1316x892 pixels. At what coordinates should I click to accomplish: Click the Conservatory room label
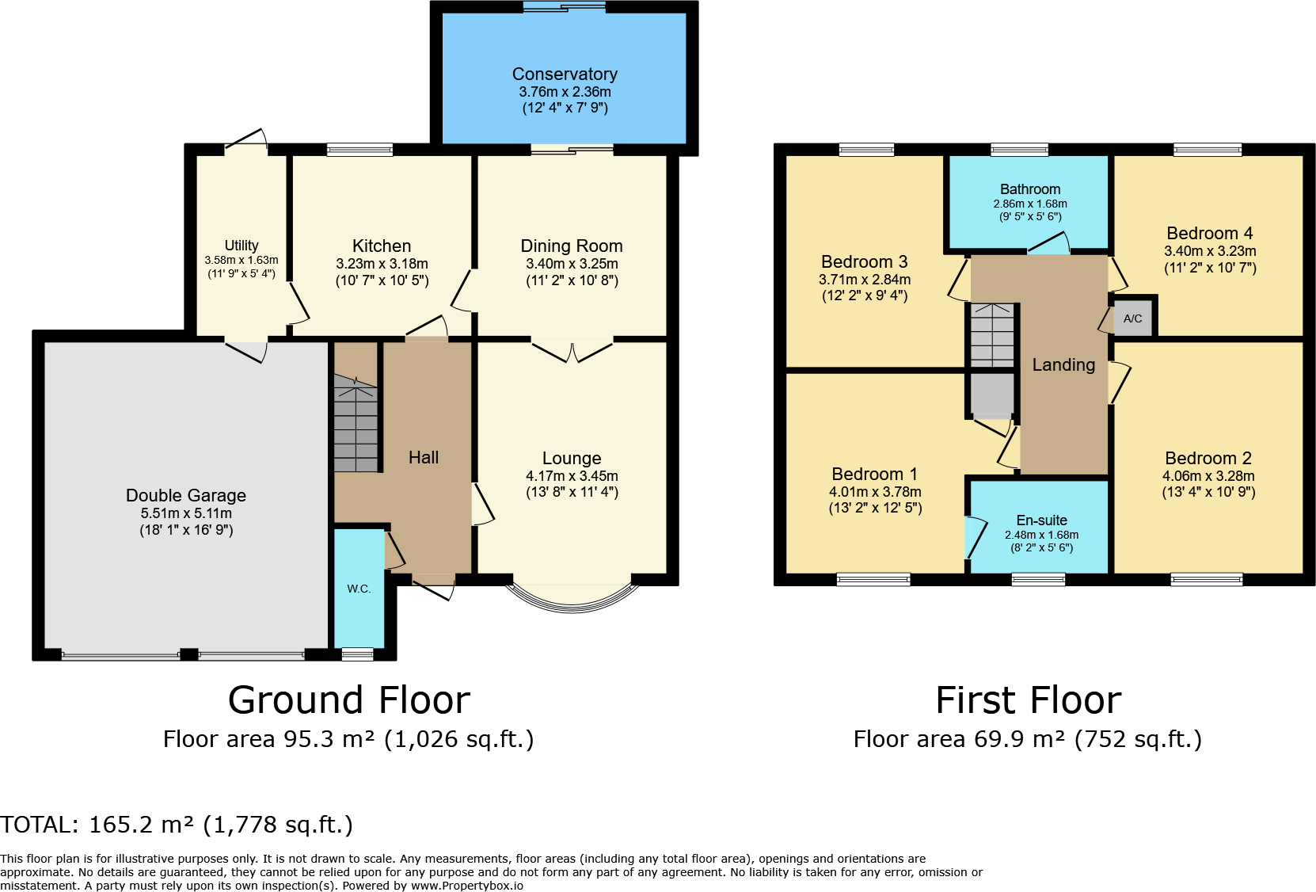pos(565,74)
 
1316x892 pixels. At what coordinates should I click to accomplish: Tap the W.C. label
pos(359,589)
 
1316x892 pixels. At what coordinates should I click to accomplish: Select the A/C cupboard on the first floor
pos(1132,318)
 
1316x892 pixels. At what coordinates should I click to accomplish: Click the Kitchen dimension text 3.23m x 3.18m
pos(382,264)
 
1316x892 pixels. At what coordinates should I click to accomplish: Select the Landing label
pos(1063,365)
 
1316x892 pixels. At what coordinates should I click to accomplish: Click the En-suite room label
pos(1041,520)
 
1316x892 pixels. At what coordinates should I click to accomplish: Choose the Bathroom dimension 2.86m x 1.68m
pos(1030,204)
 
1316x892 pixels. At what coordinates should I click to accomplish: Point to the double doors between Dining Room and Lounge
pos(572,349)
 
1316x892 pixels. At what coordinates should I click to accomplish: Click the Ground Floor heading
pos(348,700)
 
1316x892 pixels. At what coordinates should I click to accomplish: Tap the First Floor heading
pos(1028,700)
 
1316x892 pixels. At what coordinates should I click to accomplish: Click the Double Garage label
pos(186,495)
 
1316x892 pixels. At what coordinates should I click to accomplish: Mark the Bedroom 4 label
pos(1209,233)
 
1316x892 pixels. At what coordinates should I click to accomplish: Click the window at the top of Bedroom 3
pos(866,149)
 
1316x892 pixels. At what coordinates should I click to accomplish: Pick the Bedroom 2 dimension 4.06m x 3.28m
pos(1208,476)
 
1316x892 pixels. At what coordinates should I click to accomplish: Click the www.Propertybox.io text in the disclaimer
pos(466,886)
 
